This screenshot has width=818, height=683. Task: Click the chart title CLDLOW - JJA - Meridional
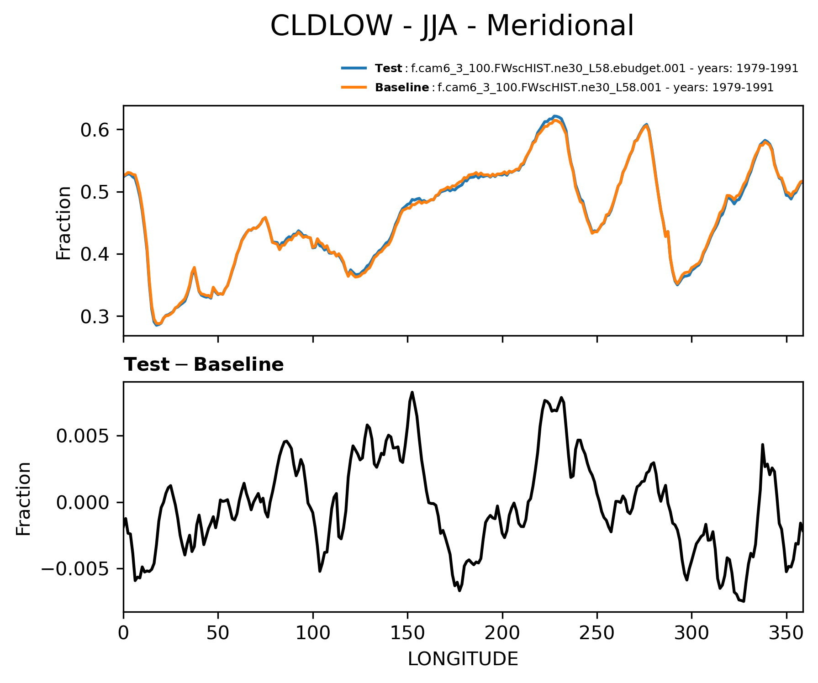coord(452,26)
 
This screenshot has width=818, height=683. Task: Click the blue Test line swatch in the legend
coord(354,68)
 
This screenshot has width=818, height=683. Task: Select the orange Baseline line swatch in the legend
coord(354,87)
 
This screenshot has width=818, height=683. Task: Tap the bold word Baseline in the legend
coord(402,88)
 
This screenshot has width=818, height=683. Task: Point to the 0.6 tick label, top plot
coord(95,130)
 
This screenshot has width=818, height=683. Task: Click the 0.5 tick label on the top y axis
coord(95,192)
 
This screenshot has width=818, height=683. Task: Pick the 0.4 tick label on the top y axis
coord(95,254)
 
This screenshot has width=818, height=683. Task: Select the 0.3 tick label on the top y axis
coord(95,316)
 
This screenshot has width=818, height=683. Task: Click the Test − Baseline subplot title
coord(204,365)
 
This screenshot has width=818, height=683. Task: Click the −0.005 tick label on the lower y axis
coord(78,569)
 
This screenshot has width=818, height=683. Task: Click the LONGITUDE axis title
coord(463,659)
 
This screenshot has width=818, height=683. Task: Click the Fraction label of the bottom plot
coord(23,498)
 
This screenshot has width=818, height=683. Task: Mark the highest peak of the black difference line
coord(412,392)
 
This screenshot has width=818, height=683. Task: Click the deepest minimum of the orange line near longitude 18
coord(157,324)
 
